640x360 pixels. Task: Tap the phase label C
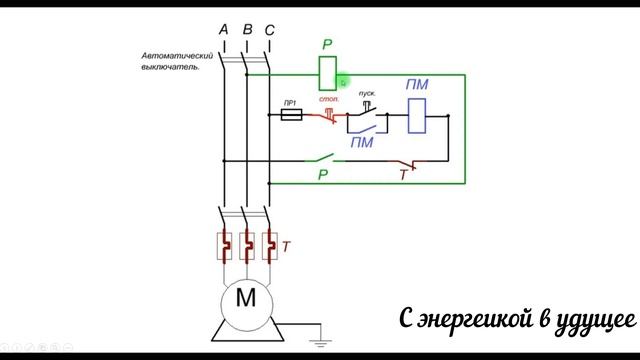pos(269,29)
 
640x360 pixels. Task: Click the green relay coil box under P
pos(326,73)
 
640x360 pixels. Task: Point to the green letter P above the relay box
pos(327,45)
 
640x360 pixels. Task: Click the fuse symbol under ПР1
pos(290,116)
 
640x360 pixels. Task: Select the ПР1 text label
pos(289,103)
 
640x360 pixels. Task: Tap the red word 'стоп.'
pos(329,100)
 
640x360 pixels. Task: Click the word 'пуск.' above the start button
pos(367,92)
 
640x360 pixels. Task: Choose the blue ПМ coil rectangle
pos(418,115)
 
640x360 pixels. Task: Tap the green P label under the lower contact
pos(323,175)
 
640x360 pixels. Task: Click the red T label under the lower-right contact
pos(403,176)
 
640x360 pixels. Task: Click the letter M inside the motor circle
pos(245,296)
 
